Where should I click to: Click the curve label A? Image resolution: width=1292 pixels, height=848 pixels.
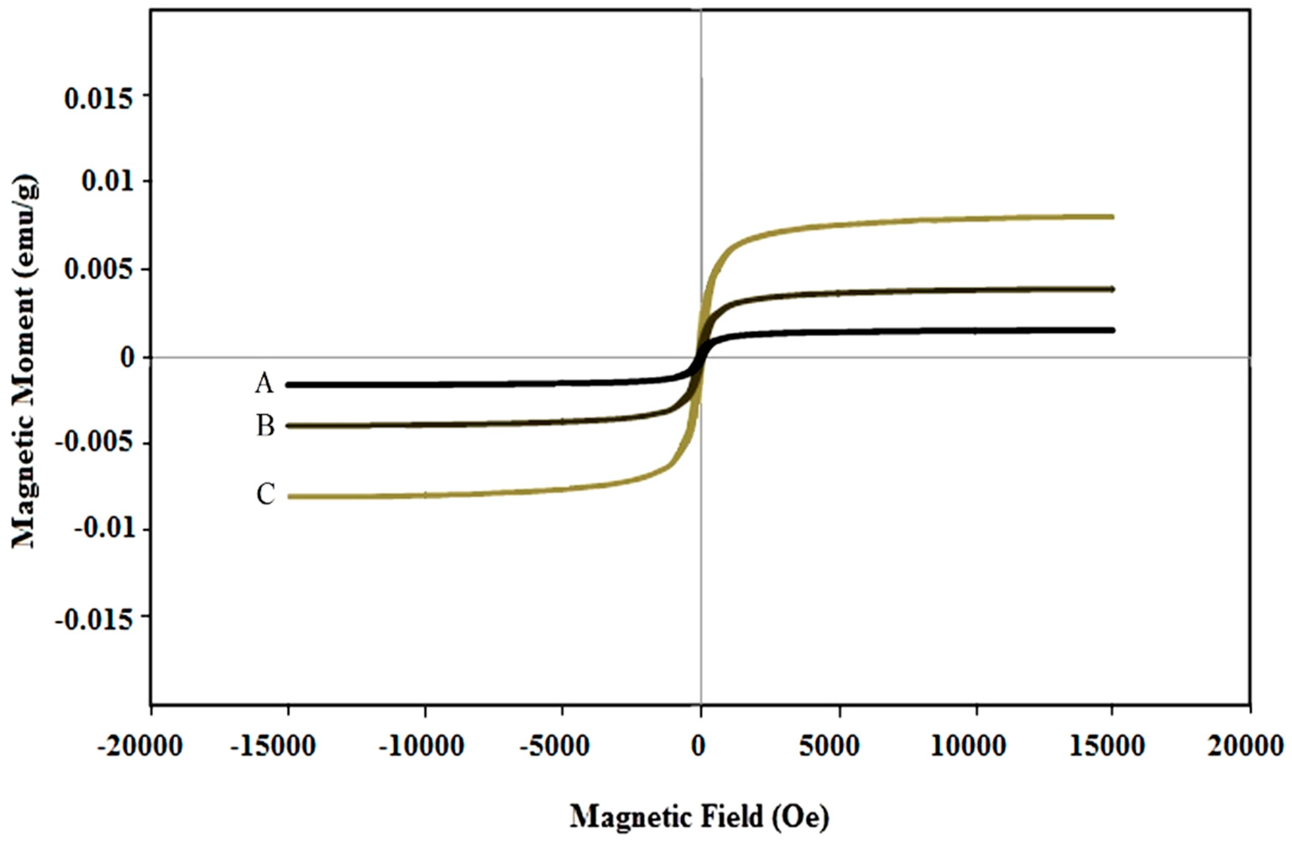coord(265,384)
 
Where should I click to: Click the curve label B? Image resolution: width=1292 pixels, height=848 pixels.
coord(265,427)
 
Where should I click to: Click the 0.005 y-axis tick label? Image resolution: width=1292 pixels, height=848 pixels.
coord(98,269)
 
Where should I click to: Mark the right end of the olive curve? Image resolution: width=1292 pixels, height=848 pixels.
coord(1112,217)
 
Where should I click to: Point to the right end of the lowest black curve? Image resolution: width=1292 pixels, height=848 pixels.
coord(1112,330)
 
